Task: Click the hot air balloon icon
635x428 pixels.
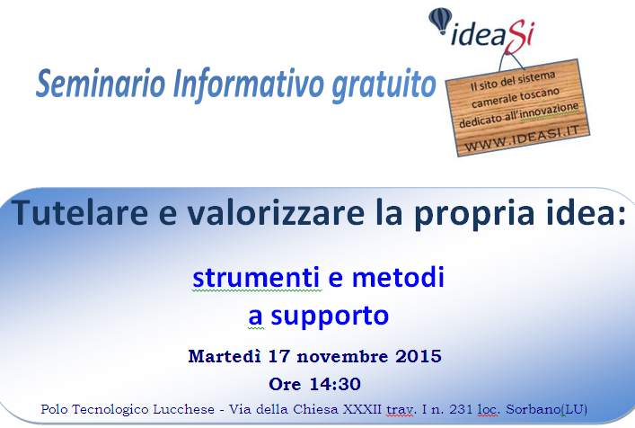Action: (441, 21)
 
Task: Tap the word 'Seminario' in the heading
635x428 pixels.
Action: (101, 83)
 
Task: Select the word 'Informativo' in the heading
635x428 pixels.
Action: (248, 84)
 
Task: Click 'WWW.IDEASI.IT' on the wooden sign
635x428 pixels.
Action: (522, 138)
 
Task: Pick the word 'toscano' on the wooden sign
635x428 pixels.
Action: (540, 94)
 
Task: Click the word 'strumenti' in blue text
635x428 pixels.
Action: (256, 278)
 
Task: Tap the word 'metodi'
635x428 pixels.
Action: (398, 277)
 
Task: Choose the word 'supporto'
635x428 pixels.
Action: (330, 317)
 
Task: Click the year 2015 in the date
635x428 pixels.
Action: (419, 357)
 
